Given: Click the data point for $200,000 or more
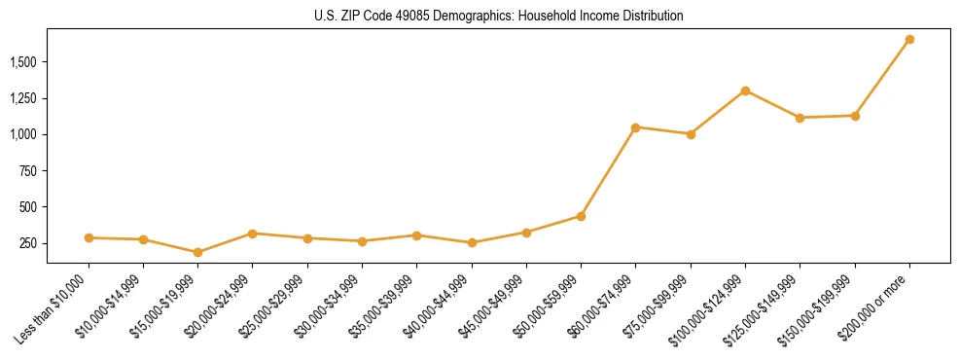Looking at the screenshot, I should point(909,40).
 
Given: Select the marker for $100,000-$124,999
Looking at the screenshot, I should point(745,90).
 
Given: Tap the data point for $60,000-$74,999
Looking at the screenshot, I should point(635,127).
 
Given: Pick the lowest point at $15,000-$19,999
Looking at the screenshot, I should point(197,252).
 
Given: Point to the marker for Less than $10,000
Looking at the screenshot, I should point(89,237).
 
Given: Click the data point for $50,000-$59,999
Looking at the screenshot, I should point(581,216).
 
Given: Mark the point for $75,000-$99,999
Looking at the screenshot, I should point(691,134).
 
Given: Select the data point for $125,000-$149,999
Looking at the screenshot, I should point(800,118).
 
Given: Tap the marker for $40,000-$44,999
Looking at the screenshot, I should point(472,243).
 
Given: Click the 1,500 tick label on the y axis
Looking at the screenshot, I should point(23,62).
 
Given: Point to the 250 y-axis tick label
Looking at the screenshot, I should point(28,243).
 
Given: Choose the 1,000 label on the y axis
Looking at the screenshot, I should point(23,134).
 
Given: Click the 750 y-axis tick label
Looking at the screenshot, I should point(28,171).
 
